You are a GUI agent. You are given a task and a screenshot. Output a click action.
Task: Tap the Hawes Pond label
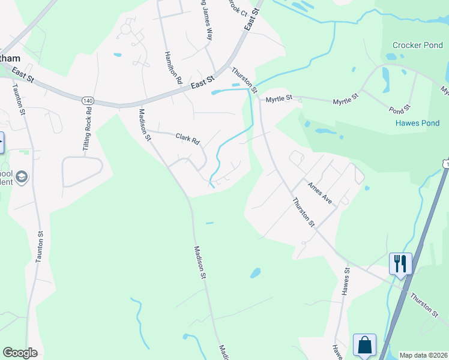click(x=417, y=123)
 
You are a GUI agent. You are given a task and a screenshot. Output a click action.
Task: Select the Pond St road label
click(x=399, y=110)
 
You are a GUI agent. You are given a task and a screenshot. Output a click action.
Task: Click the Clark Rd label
click(x=187, y=139)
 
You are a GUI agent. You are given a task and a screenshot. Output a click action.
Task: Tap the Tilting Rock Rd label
click(x=89, y=128)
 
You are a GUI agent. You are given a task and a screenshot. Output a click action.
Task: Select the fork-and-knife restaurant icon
click(x=400, y=263)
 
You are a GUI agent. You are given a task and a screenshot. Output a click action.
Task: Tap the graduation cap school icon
click(x=22, y=177)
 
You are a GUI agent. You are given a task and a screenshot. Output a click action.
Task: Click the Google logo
click(x=20, y=353)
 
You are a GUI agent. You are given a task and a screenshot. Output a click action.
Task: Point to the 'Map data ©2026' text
click(x=424, y=355)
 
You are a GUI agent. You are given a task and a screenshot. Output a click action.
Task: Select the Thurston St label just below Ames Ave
click(x=304, y=212)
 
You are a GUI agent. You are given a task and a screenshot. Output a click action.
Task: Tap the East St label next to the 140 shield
click(x=202, y=82)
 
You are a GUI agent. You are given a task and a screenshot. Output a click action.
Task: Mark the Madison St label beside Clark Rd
click(x=145, y=124)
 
